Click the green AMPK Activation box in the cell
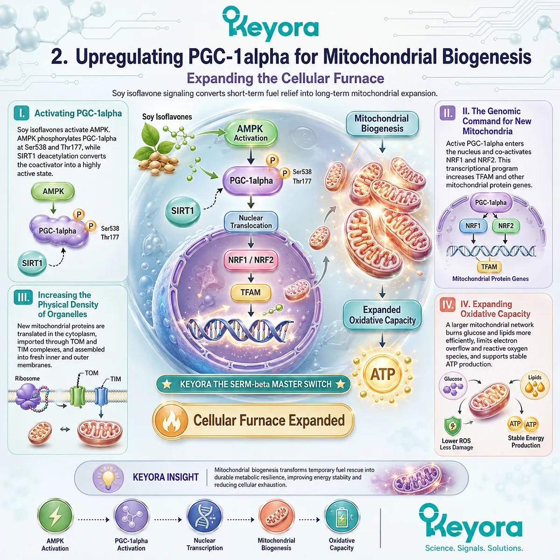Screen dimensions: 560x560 click(251, 133)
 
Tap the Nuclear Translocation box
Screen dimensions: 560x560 click(251, 222)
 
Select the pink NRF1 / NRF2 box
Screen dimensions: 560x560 click(251, 260)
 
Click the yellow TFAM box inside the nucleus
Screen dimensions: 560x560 click(251, 292)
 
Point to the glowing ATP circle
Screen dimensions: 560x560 click(383, 374)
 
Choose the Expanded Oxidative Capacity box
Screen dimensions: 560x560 click(382, 315)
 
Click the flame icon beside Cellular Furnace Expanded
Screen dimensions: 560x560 click(171, 421)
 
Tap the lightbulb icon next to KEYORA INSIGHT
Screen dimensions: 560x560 click(108, 477)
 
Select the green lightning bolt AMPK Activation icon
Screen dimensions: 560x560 click(55, 517)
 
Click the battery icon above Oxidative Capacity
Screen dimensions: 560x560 click(342, 517)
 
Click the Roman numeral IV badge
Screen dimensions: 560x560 click(448, 305)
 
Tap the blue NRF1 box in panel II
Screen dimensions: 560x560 click(473, 226)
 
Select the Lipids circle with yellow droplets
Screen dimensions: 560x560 click(535, 385)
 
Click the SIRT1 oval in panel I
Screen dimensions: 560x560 click(32, 263)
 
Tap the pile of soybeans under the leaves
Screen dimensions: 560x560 click(158, 164)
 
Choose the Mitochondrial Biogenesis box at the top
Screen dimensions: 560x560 click(382, 124)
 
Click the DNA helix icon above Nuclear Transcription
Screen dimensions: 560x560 click(204, 517)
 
